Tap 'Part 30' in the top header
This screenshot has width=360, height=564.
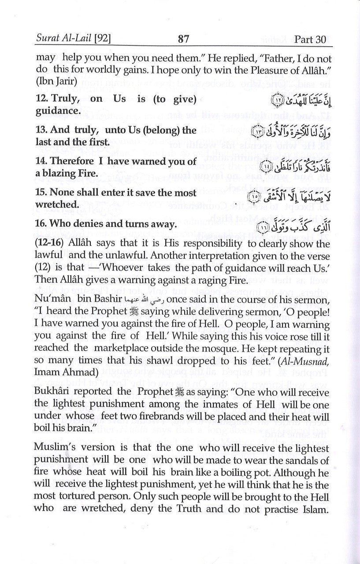click(x=311, y=39)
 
